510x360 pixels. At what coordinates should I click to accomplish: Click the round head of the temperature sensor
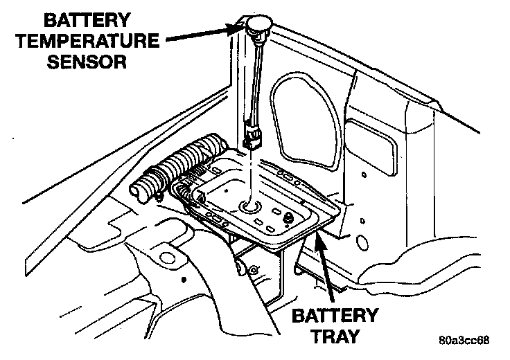[256, 29]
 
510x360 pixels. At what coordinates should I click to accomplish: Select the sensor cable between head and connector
[257, 80]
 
